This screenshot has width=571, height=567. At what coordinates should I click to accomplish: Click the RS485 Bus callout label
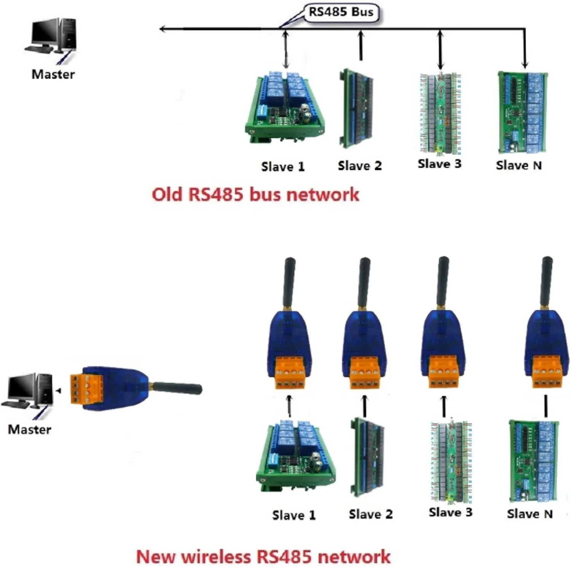(x=341, y=12)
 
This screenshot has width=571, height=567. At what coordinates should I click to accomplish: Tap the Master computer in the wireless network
(x=27, y=392)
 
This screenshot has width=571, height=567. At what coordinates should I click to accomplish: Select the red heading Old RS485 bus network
(x=255, y=194)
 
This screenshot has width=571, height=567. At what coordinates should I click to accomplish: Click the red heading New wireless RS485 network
(x=263, y=557)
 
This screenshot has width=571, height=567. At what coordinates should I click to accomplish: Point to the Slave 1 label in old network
(x=283, y=167)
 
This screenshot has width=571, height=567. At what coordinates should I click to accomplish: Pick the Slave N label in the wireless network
(x=530, y=514)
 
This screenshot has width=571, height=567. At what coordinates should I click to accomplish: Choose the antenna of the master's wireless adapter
(x=177, y=389)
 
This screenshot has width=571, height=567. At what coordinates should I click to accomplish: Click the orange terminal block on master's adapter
(x=87, y=389)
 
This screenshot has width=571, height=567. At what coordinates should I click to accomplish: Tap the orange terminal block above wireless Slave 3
(x=443, y=372)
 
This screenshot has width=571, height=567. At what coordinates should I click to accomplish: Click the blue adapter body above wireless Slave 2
(x=364, y=335)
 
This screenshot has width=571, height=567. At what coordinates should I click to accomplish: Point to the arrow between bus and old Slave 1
(x=286, y=49)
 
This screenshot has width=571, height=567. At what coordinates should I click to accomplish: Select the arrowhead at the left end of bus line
(x=163, y=29)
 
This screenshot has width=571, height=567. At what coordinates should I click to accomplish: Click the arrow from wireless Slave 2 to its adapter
(x=365, y=406)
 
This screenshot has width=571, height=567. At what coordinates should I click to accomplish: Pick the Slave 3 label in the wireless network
(x=450, y=513)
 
